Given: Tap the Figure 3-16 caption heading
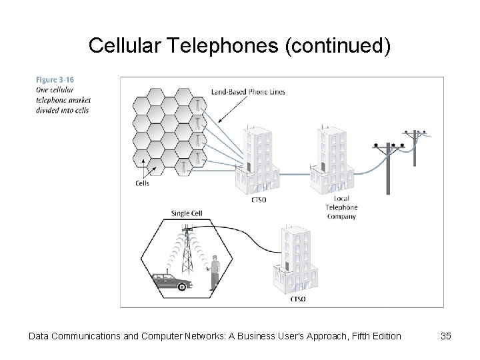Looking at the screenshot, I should tap(55, 80).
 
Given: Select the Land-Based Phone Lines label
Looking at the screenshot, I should tap(248, 92).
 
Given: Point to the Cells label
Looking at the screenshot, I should tap(142, 183).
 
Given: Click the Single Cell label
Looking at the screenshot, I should tap(187, 213).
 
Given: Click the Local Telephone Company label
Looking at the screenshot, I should tap(341, 207).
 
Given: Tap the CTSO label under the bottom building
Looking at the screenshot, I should tap(298, 299).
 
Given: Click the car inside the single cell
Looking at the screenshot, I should tap(171, 281).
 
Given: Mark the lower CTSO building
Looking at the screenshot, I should tap(293, 260).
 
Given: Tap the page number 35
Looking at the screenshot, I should tap(446, 336).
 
